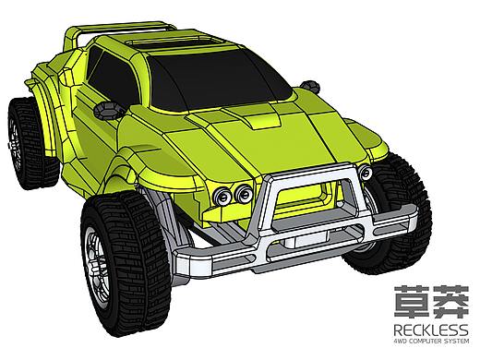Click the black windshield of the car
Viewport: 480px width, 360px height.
click(x=215, y=81)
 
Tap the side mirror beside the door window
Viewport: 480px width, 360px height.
click(x=108, y=110)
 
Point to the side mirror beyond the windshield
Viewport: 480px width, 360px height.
click(x=310, y=86)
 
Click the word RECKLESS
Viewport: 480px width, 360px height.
click(x=431, y=330)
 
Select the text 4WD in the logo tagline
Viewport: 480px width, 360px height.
click(x=400, y=341)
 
